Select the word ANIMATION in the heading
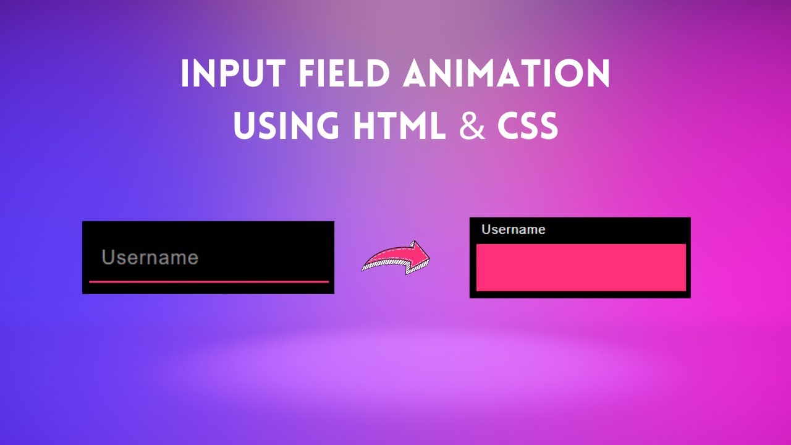point(506,74)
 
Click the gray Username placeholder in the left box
point(150,258)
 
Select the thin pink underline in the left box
point(209,282)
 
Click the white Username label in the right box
point(513,230)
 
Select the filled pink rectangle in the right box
point(581,267)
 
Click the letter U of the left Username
point(109,258)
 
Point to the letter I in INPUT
point(185,74)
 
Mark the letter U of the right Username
point(486,230)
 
